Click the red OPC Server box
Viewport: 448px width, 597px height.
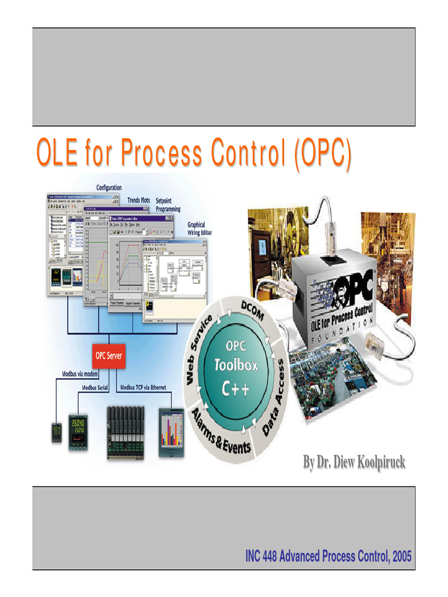click(x=109, y=356)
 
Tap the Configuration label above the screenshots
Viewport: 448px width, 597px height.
click(x=109, y=188)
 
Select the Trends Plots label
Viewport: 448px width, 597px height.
click(x=139, y=201)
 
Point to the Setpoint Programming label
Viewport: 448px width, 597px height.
click(x=168, y=205)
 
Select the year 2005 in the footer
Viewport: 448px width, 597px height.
click(x=402, y=557)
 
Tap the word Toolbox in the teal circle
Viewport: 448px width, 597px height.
click(x=236, y=367)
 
